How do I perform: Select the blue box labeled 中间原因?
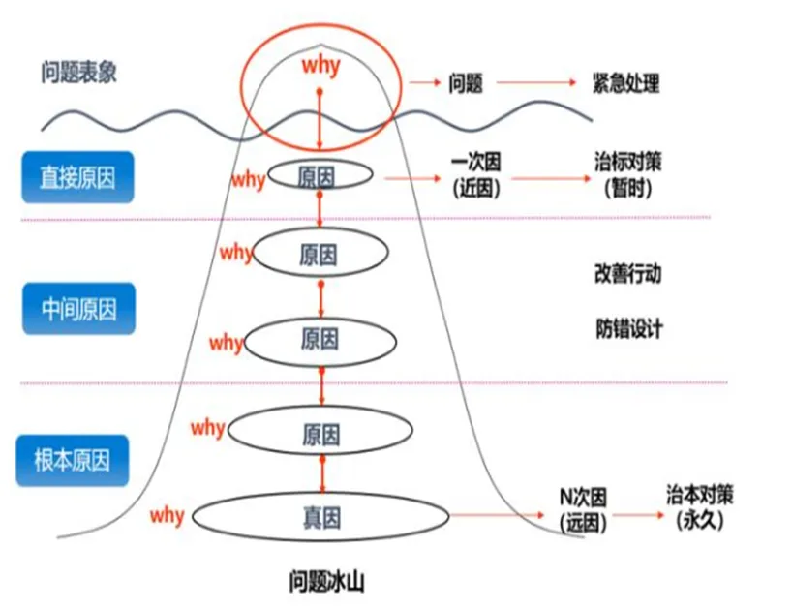coord(77,309)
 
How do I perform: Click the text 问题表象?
coord(78,73)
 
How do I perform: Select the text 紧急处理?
coord(625,83)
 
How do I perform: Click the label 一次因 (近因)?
coord(476,174)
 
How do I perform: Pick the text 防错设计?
coord(628,328)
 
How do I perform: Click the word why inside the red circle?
coord(320,66)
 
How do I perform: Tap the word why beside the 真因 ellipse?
coord(167,514)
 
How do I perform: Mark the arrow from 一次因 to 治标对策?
coord(548,177)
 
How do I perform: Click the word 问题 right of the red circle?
coord(466,83)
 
